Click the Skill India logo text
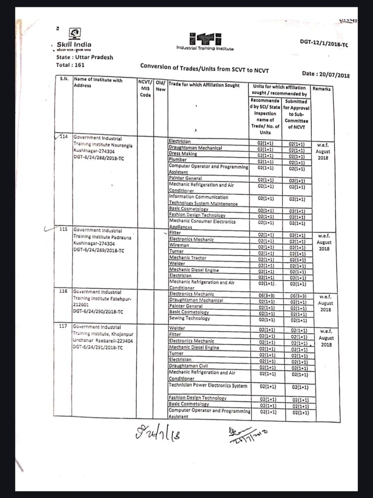click(x=74, y=45)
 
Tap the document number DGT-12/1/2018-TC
click(x=324, y=44)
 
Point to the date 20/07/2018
click(x=325, y=74)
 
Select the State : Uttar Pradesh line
click(x=84, y=57)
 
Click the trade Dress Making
click(x=183, y=154)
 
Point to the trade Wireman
click(x=179, y=245)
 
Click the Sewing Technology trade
click(x=189, y=319)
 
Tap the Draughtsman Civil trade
click(x=188, y=366)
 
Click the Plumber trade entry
click(x=178, y=160)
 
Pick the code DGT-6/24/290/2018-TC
click(x=98, y=312)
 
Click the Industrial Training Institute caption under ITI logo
click(x=205, y=48)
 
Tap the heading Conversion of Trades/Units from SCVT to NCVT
click(x=211, y=66)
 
